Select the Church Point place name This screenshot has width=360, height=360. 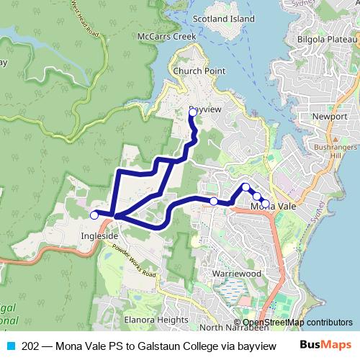199,71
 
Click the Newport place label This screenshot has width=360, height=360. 330,116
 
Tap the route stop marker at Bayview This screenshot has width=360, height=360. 192,112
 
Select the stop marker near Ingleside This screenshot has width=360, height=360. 94,215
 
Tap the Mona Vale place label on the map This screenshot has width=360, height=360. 274,207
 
